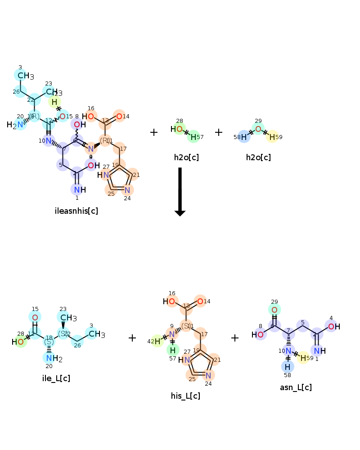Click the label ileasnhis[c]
[x=76, y=211]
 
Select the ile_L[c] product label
[x=56, y=378]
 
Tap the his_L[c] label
[x=185, y=396]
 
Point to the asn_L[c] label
[x=296, y=387]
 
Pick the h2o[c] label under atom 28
[x=186, y=157]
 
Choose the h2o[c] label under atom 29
[x=258, y=157]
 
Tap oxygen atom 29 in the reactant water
[x=258, y=129]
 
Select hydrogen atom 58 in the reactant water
[x=243, y=137]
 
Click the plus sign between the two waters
[x=219, y=132]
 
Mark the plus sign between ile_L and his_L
[x=132, y=338]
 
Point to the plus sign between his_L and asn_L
[x=235, y=338]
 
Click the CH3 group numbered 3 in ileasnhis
[x=25, y=76]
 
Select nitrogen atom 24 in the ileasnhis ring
[x=127, y=190]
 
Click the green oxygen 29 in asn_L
[x=274, y=310]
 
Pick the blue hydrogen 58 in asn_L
[x=287, y=367]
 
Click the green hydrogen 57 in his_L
[x=173, y=350]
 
